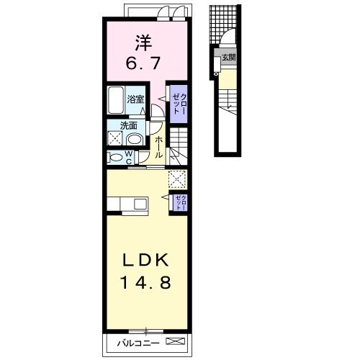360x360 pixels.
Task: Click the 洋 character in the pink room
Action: click(x=143, y=43)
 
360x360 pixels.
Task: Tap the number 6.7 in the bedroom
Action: click(x=143, y=63)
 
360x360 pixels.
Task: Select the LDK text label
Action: click(x=145, y=260)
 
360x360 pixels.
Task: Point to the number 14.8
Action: click(x=145, y=282)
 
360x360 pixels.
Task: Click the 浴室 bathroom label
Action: click(x=135, y=99)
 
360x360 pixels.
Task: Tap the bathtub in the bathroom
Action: click(x=116, y=100)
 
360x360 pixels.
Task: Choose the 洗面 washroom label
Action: click(x=129, y=125)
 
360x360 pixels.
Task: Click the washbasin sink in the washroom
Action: click(x=134, y=140)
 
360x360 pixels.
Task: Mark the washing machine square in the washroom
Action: click(x=115, y=138)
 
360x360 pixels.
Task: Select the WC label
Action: click(x=129, y=157)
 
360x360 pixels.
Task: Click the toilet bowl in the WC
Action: click(x=117, y=158)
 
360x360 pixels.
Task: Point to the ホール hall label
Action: click(x=158, y=147)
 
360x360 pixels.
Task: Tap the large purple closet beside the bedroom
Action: click(x=179, y=104)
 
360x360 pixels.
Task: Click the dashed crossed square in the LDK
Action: click(x=177, y=179)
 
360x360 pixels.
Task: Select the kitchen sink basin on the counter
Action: click(x=140, y=204)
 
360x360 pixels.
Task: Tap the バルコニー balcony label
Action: click(x=138, y=343)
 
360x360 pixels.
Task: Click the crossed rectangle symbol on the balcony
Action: click(x=176, y=341)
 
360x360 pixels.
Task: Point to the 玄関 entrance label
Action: click(x=229, y=58)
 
